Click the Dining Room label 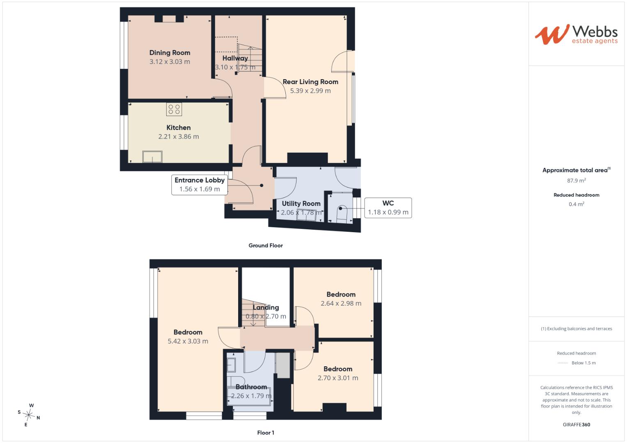(x=170, y=53)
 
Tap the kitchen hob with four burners (x=174, y=110)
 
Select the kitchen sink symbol (x=152, y=157)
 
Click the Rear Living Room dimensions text (x=310, y=91)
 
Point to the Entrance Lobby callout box (x=200, y=185)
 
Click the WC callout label (x=388, y=203)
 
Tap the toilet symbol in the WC (x=342, y=214)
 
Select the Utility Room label (x=301, y=203)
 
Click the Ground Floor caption (x=266, y=245)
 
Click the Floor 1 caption (x=266, y=433)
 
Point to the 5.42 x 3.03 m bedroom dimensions (x=188, y=341)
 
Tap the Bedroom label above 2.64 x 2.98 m (x=341, y=294)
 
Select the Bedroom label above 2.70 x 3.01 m (x=338, y=369)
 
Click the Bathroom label (x=251, y=387)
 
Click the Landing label (x=266, y=307)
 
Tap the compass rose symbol (x=29, y=415)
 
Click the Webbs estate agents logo (x=576, y=34)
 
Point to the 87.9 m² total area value (x=576, y=180)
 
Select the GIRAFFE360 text (x=576, y=425)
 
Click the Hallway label (x=235, y=58)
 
